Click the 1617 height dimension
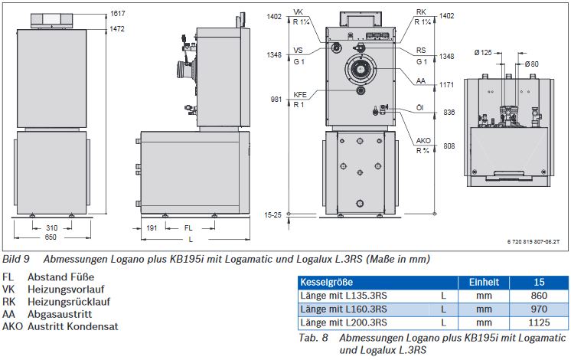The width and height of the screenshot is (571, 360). [118, 14]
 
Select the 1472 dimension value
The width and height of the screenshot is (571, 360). [117, 29]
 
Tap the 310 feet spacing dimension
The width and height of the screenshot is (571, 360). [52, 227]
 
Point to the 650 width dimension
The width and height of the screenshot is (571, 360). [51, 237]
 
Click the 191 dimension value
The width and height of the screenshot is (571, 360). [152, 228]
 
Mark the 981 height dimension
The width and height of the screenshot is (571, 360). [276, 99]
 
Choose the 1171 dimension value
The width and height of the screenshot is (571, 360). [446, 85]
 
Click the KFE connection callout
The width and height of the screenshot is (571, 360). [300, 95]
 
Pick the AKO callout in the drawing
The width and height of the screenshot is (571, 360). [423, 141]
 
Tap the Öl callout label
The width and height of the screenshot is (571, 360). [420, 108]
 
